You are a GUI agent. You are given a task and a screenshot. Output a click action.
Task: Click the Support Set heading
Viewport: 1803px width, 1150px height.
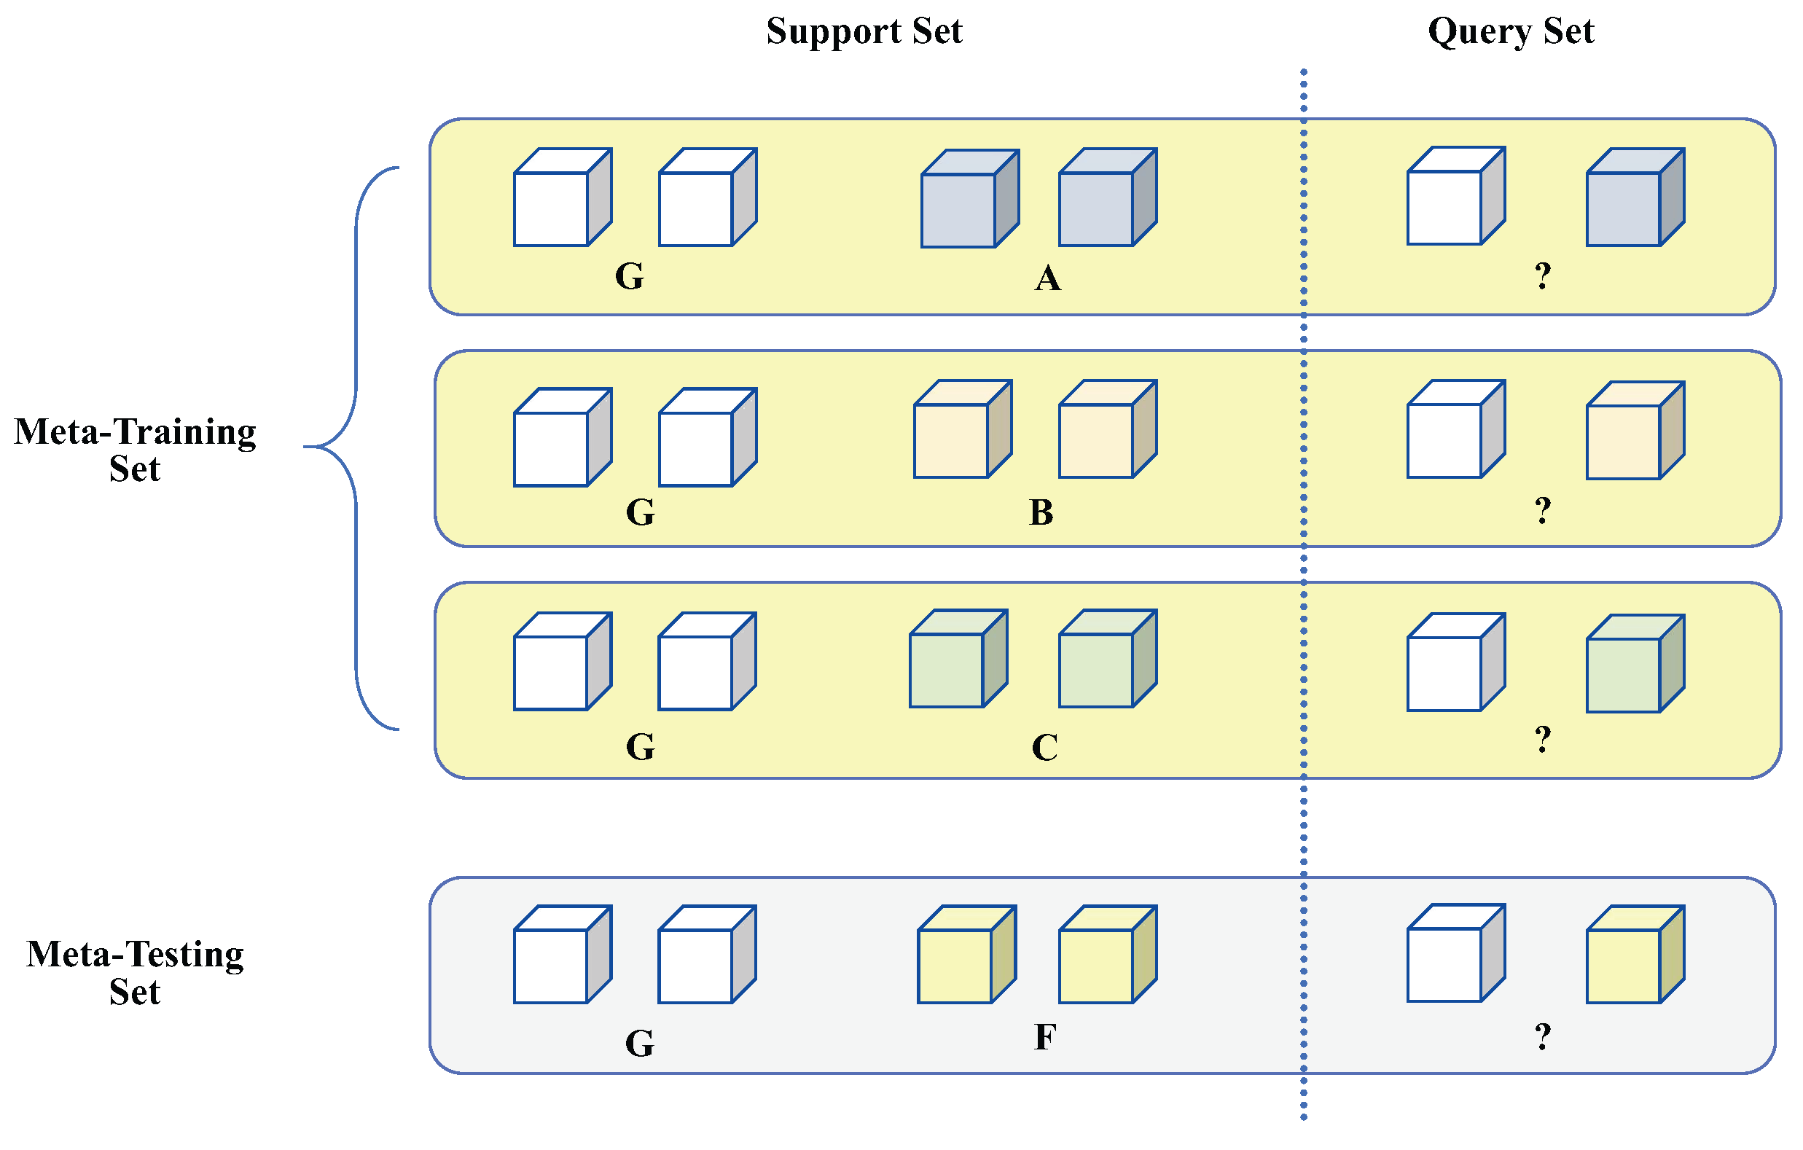864,31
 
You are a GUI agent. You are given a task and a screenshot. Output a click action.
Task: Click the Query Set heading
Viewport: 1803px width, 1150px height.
1511,31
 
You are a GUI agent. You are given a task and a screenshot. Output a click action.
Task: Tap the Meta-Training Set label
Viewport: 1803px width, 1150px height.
136,450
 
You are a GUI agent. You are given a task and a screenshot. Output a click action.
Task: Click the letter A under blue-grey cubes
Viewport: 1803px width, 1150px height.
1047,278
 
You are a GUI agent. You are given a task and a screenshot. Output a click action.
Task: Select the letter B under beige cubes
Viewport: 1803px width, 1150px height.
1041,513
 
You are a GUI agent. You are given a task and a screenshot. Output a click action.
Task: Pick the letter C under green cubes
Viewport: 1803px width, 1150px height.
1044,748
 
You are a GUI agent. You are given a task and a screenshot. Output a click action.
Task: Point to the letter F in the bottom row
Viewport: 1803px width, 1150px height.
1044,1038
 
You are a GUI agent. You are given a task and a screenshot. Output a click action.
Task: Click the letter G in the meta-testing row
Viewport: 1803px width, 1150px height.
639,1043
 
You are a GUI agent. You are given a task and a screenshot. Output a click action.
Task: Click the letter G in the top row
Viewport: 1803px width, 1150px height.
629,276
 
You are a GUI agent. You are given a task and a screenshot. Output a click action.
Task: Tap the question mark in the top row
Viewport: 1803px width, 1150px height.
1542,276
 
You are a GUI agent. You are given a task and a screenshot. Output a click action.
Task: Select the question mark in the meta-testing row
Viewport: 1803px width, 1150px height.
1542,1037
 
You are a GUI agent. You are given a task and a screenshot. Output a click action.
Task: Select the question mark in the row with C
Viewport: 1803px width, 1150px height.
1542,740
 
